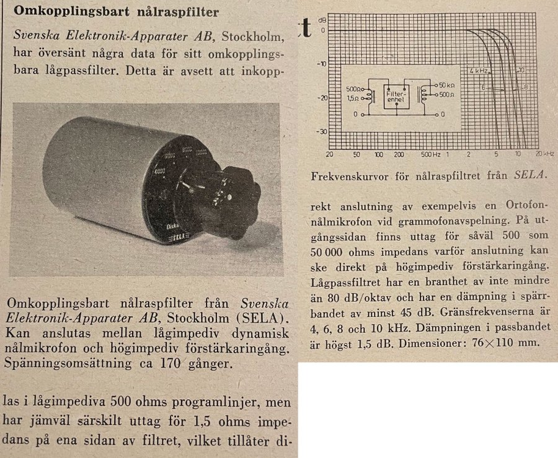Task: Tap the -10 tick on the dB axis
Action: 321,64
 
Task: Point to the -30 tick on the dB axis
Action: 321,131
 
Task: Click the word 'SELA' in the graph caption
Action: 531,176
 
